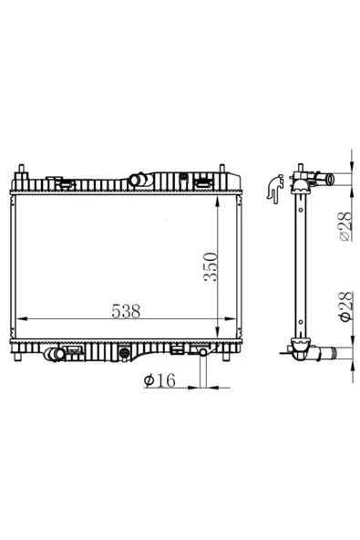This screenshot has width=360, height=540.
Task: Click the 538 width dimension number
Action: click(126, 311)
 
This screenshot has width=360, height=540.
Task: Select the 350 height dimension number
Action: click(211, 267)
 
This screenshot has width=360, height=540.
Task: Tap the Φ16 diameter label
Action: click(159, 380)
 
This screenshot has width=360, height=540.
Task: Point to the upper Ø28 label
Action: click(346, 226)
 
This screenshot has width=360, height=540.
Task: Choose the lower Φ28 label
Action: click(346, 306)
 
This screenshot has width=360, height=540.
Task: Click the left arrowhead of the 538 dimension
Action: click(21, 319)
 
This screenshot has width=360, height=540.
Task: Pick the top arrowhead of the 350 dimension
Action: click(218, 202)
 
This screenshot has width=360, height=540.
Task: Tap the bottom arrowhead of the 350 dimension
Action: click(218, 333)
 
